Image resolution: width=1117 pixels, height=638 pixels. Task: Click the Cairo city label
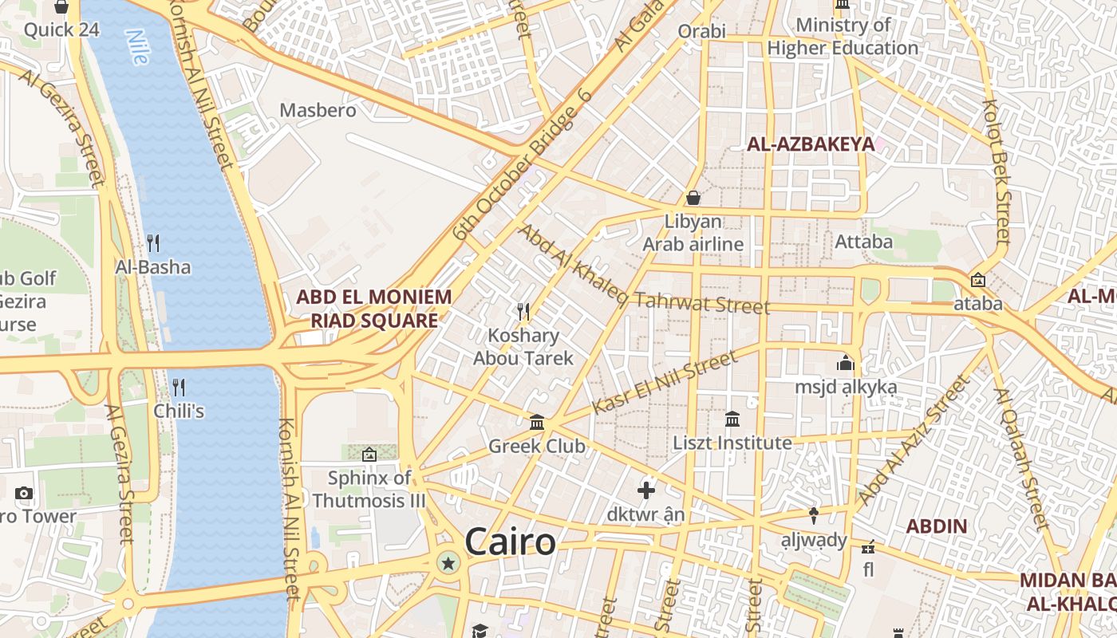click(510, 542)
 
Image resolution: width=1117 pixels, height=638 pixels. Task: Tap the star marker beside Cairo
click(448, 564)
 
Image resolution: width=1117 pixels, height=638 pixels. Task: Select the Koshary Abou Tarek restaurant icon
click(523, 310)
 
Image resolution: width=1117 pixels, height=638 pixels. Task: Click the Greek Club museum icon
click(537, 422)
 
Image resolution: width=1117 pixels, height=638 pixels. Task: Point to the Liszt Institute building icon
click(732, 419)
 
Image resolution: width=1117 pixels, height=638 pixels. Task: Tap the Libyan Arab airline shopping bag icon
click(693, 198)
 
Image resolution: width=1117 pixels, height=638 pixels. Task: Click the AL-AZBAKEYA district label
click(810, 144)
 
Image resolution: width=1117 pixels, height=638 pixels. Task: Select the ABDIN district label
click(937, 526)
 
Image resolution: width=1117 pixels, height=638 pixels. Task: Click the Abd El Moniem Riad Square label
click(374, 309)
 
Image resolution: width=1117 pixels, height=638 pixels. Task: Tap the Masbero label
click(318, 110)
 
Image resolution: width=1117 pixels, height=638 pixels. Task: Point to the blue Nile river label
click(137, 47)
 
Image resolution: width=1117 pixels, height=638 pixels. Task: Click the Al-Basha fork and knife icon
click(153, 242)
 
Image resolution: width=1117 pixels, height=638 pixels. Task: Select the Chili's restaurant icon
click(179, 388)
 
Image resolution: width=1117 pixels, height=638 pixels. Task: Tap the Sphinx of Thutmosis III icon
click(369, 455)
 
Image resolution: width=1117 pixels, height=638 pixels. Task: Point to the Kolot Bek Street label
click(997, 171)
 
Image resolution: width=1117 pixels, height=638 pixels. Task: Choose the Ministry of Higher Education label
click(843, 37)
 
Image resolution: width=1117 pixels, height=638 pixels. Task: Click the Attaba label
click(863, 241)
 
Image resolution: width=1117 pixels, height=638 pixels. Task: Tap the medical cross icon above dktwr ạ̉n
click(646, 490)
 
